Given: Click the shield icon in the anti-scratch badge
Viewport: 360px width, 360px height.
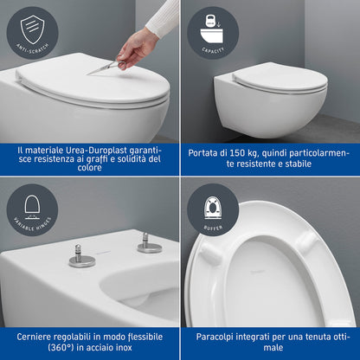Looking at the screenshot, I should [x=31, y=29].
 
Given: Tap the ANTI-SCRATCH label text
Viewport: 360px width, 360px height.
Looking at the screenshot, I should [x=31, y=49].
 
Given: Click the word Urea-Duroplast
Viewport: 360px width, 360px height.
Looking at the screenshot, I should [x=94, y=149].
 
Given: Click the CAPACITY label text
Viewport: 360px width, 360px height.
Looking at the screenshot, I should [x=212, y=49].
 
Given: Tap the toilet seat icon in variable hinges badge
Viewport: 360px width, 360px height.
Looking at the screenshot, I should [x=31, y=206].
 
